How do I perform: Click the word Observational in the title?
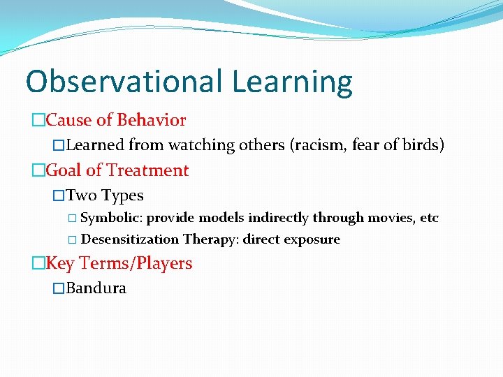[x=124, y=82]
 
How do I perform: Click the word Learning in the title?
[x=292, y=82]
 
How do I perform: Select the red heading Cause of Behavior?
[x=116, y=120]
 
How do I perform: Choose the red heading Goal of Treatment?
[x=117, y=170]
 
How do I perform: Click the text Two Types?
[x=105, y=195]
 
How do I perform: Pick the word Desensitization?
[x=131, y=239]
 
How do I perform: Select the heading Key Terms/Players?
[x=118, y=263]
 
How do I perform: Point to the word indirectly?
[x=279, y=218]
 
